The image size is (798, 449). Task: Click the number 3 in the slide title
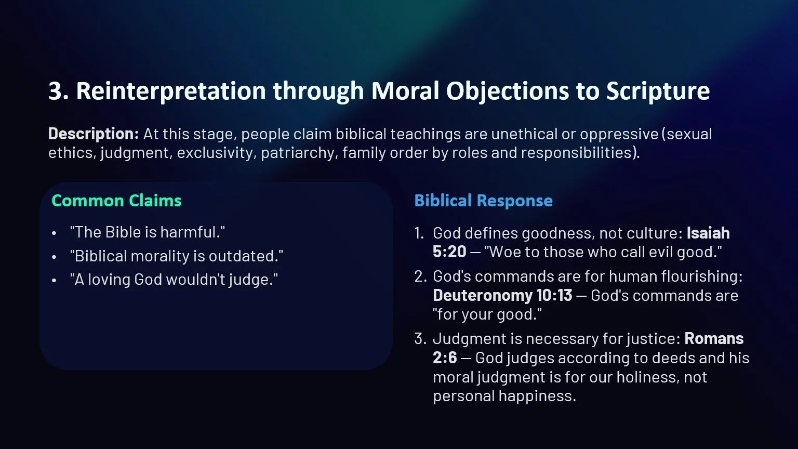tap(55, 91)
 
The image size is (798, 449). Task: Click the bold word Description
tap(93, 134)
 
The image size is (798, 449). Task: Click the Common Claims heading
tap(116, 201)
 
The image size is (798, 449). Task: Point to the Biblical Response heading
tap(483, 201)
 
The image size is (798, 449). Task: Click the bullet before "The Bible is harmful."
tap(54, 233)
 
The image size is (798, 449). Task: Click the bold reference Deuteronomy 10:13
tap(502, 296)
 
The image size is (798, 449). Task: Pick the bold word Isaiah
tap(708, 233)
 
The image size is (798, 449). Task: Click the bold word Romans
tap(714, 339)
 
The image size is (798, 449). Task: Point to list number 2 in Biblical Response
tap(420, 276)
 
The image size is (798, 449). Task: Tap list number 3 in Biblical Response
tap(420, 339)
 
